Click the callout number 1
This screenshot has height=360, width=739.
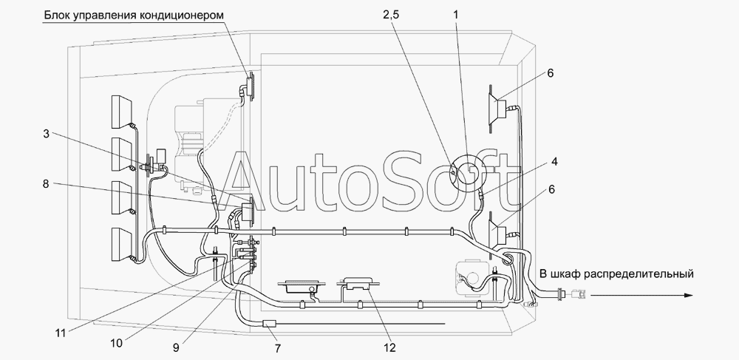[456, 15]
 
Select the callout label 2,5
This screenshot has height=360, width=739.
[391, 15]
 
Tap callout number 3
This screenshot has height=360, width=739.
[46, 134]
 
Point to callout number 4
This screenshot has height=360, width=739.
[554, 162]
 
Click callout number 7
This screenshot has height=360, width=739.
[278, 348]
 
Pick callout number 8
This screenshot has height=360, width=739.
[46, 183]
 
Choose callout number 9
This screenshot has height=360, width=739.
[176, 347]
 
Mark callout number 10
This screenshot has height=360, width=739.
[116, 342]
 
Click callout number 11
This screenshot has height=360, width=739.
[60, 333]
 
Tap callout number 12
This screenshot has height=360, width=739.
[389, 347]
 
